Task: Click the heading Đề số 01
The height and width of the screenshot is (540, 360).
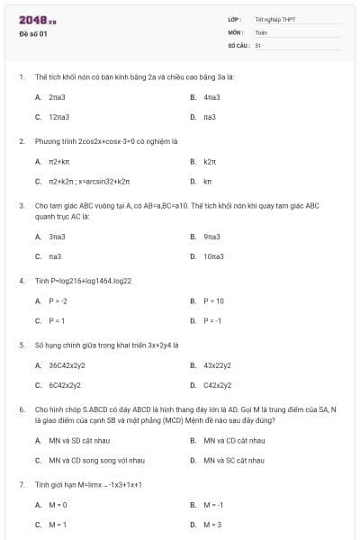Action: click(x=32, y=34)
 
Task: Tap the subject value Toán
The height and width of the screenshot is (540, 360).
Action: click(x=261, y=31)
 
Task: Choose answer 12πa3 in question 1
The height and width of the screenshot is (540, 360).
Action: click(x=59, y=117)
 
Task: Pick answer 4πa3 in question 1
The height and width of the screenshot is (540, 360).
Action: click(x=211, y=96)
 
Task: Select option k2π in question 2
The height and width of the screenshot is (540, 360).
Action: click(x=210, y=161)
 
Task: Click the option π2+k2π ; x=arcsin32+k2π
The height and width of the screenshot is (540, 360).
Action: click(x=89, y=182)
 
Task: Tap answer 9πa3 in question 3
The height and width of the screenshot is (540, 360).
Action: click(x=211, y=236)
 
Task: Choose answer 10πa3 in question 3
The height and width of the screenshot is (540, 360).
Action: click(x=213, y=256)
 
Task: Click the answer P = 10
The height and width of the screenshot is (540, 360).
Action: click(x=213, y=301)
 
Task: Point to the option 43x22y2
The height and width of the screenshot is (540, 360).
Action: click(x=217, y=365)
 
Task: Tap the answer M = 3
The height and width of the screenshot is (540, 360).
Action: click(x=212, y=525)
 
